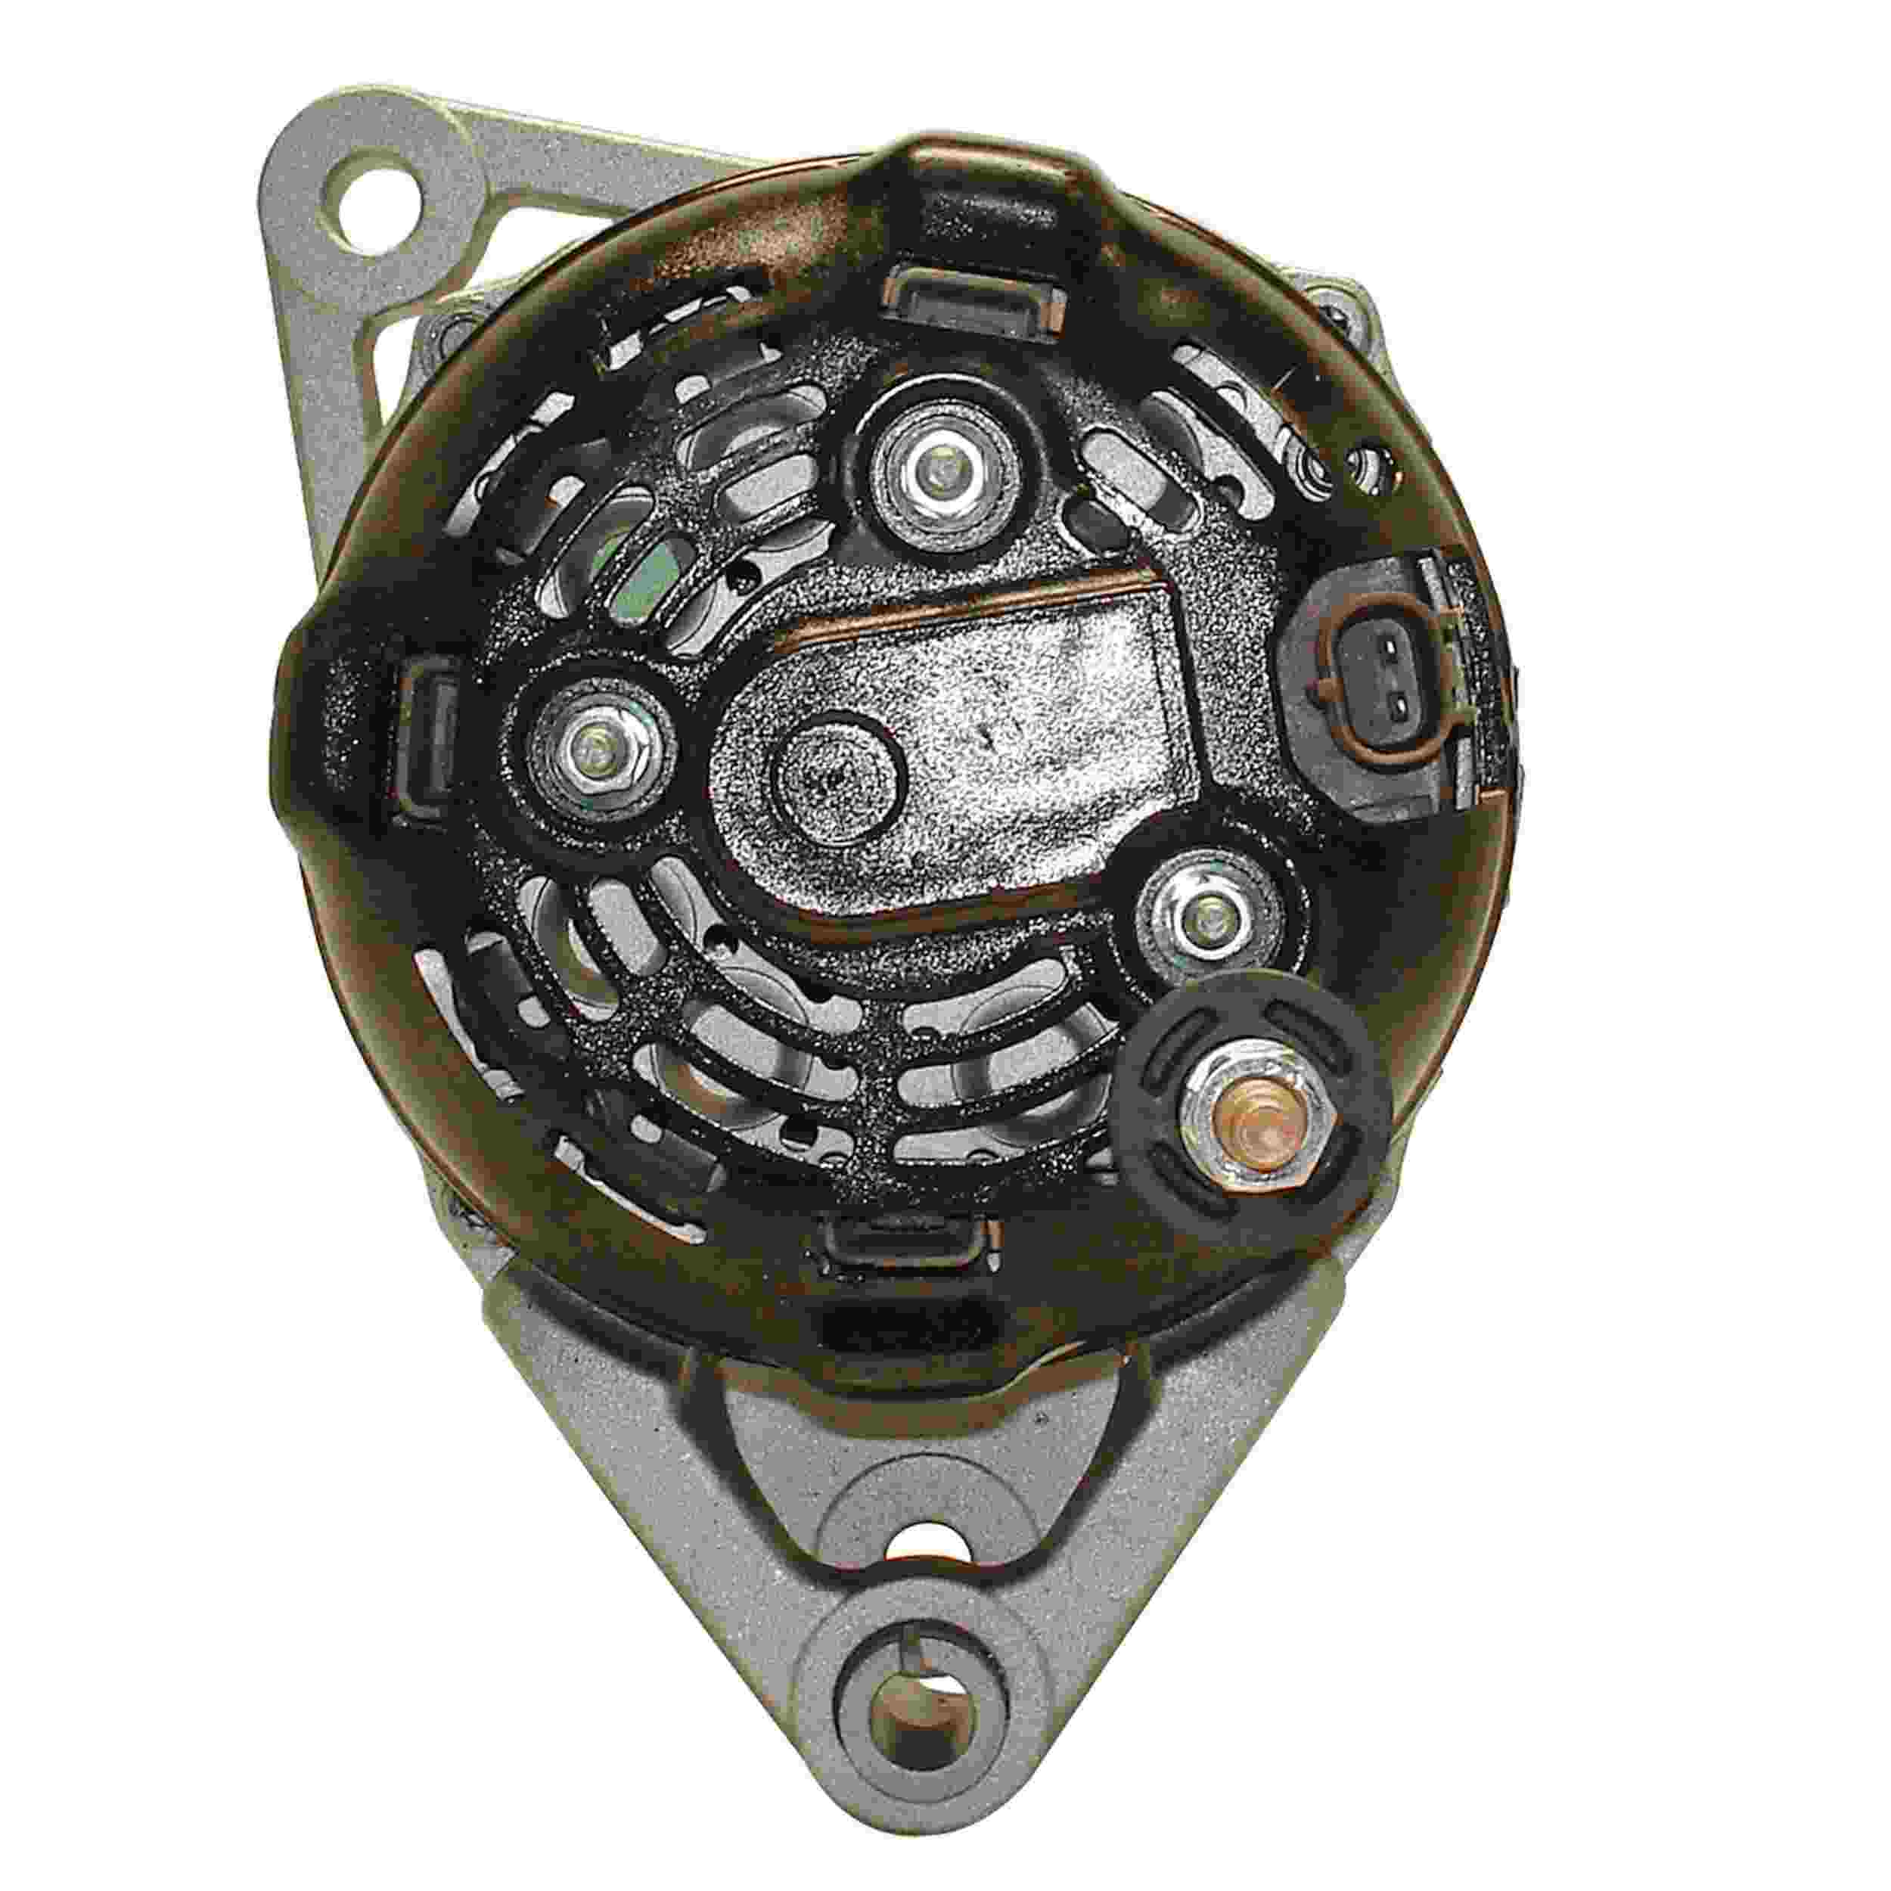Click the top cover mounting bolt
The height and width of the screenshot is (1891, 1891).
coord(939,477)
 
